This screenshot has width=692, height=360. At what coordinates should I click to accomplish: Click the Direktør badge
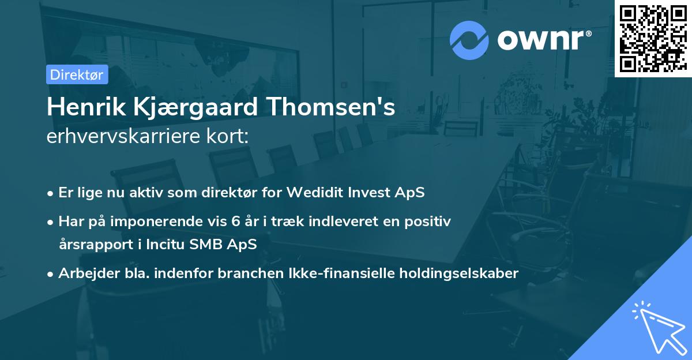click(77, 74)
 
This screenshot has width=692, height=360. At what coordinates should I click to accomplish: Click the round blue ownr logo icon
click(469, 40)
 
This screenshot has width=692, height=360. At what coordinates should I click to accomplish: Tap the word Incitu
click(170, 244)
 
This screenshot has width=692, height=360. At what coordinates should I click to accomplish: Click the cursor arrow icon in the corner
click(659, 328)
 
